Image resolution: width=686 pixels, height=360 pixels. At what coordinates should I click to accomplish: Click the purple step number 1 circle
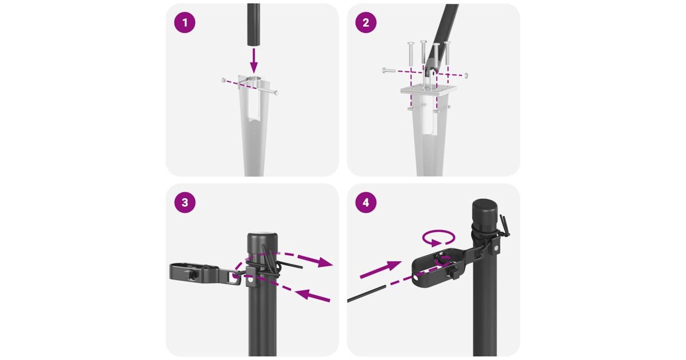(185, 23)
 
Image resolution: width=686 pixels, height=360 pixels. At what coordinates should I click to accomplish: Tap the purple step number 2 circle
(366, 23)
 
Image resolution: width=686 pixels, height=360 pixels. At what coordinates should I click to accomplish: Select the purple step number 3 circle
(185, 202)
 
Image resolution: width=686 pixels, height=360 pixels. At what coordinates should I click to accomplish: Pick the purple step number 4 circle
(366, 202)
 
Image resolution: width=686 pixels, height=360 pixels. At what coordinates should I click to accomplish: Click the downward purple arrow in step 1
(254, 61)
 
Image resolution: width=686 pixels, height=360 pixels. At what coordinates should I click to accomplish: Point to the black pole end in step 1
(254, 25)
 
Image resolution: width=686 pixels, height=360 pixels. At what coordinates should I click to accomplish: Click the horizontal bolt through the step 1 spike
(250, 86)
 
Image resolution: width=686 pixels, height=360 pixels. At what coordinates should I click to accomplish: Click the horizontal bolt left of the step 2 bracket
(389, 70)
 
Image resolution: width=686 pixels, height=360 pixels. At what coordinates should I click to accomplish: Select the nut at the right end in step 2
(466, 75)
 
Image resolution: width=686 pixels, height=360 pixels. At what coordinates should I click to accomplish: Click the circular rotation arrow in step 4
(438, 238)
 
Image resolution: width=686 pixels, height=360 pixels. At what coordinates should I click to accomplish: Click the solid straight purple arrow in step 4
(381, 270)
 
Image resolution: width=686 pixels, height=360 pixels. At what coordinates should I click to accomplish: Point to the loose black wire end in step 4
(366, 294)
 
